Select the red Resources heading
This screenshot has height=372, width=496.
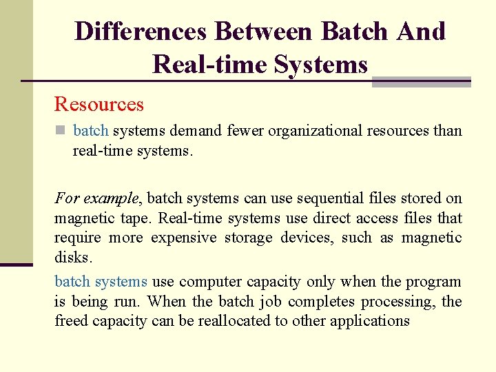tap(99, 105)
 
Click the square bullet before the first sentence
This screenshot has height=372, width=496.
tap(61, 131)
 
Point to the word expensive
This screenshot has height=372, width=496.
tap(182, 238)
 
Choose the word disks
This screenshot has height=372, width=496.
tap(71, 258)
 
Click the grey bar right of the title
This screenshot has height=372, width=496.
tap(420, 82)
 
